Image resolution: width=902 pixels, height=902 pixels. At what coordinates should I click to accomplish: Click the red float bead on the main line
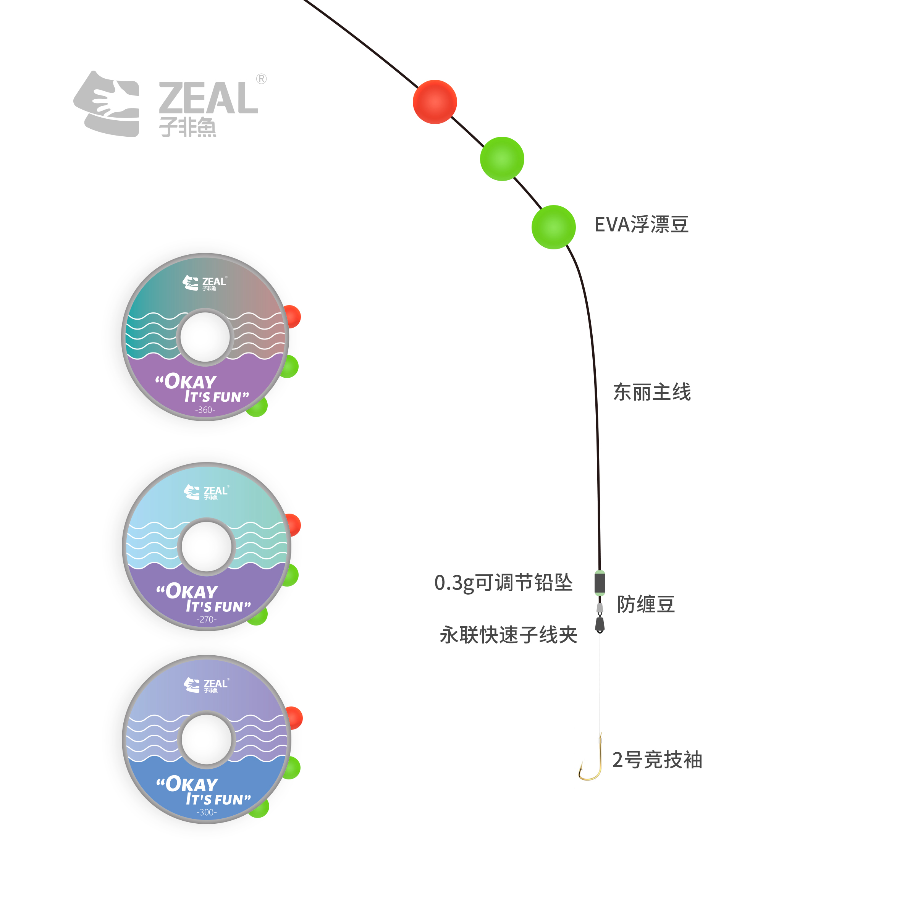(435, 102)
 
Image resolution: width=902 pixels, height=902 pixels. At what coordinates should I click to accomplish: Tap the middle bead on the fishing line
(502, 159)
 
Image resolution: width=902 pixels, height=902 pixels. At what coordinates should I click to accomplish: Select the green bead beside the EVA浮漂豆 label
(553, 227)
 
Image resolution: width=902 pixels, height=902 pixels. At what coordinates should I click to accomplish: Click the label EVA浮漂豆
(642, 225)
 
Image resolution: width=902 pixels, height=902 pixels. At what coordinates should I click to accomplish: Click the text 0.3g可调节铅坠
(503, 583)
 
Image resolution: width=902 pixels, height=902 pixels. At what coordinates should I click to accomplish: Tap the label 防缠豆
(646, 604)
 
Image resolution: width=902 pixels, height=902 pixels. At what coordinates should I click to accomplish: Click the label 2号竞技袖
(657, 760)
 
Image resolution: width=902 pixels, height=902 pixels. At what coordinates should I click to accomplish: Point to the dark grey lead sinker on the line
(600, 583)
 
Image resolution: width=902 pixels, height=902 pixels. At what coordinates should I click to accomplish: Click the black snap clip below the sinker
(600, 624)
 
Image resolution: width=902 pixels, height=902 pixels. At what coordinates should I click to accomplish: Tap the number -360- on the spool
(205, 410)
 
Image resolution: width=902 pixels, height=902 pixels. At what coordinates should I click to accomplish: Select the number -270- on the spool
(206, 619)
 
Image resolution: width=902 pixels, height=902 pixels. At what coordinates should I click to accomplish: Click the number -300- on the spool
(206, 812)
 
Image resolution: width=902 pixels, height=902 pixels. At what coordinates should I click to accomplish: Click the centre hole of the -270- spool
(206, 546)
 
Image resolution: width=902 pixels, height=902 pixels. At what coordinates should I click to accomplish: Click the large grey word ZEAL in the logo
(208, 98)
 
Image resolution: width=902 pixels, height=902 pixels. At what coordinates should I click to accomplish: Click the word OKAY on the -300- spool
(191, 784)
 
